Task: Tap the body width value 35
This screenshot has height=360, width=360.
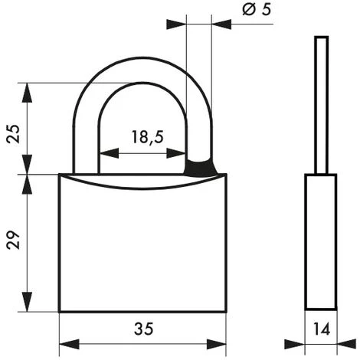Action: point(143,329)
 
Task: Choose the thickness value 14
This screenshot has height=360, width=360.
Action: point(321,329)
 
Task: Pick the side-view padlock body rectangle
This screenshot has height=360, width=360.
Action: point(321,243)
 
